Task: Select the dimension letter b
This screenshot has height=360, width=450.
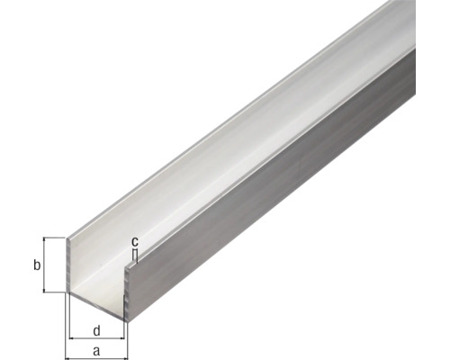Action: click(x=35, y=265)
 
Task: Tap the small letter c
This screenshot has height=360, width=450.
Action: click(x=134, y=241)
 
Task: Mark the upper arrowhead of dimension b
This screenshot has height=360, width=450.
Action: click(x=45, y=241)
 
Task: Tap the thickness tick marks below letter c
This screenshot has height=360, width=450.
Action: click(x=134, y=256)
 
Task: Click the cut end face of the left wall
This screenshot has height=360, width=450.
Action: click(x=70, y=265)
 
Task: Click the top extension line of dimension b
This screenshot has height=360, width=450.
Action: click(x=54, y=238)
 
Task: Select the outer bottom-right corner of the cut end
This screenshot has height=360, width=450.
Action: click(x=129, y=316)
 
